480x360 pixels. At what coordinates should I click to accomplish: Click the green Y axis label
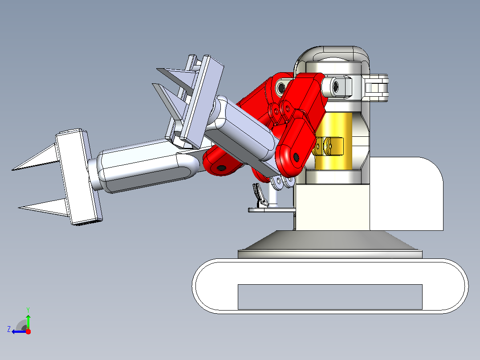click(x=28, y=310)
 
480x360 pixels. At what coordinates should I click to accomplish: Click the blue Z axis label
click(x=9, y=329)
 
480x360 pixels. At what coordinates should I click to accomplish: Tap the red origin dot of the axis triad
click(x=28, y=331)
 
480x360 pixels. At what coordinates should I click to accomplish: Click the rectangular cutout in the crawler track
click(x=330, y=297)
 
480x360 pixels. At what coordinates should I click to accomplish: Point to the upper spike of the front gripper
click(x=35, y=158)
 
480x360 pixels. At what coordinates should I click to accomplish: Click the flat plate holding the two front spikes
click(x=78, y=177)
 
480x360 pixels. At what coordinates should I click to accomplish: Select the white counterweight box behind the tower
click(x=406, y=194)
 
